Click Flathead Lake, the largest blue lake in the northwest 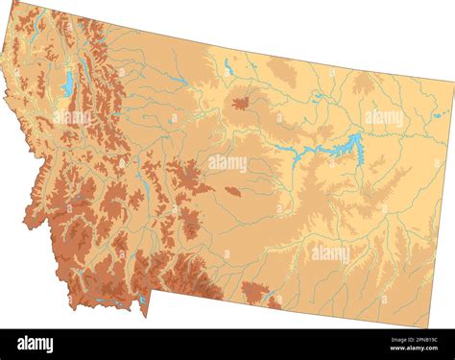click(67, 84)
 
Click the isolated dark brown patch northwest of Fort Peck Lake click(240, 102)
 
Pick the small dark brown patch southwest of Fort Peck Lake click(233, 191)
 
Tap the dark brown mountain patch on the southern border click(255, 293)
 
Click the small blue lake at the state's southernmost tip click(142, 300)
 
